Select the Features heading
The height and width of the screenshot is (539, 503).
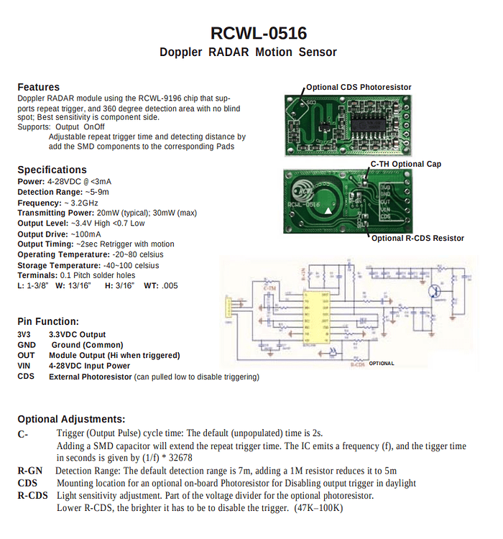[38, 87]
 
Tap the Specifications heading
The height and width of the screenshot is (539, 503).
[52, 170]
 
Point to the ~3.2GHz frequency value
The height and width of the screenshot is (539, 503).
[86, 203]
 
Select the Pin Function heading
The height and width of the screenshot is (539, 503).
[48, 321]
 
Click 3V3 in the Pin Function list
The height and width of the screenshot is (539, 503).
[25, 334]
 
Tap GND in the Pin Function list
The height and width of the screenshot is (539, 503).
[27, 345]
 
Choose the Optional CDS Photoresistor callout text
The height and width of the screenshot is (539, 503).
[359, 88]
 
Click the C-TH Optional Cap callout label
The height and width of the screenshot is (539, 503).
[405, 164]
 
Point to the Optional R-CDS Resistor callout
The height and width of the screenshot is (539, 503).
[417, 238]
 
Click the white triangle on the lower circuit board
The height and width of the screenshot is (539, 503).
[328, 211]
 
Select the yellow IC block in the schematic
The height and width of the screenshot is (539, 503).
[316, 317]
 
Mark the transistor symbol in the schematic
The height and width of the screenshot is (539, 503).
[436, 291]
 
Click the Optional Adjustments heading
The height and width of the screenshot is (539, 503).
[71, 419]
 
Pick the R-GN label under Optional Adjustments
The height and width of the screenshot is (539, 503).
[30, 471]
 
